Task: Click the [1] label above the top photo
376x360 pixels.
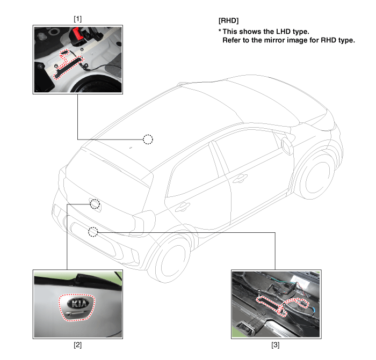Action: pyautogui.click(x=77, y=19)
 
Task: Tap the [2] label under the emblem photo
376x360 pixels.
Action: pyautogui.click(x=77, y=345)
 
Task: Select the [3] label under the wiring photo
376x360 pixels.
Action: pyautogui.click(x=275, y=345)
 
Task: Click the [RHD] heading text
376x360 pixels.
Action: pyautogui.click(x=228, y=20)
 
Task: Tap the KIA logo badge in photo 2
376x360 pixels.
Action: pyautogui.click(x=78, y=304)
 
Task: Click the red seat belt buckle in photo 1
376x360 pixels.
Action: pyautogui.click(x=77, y=33)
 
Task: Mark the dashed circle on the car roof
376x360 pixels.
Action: pyautogui.click(x=148, y=139)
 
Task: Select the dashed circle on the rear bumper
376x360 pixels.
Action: pyautogui.click(x=93, y=232)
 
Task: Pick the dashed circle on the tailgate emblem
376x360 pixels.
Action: pyautogui.click(x=95, y=204)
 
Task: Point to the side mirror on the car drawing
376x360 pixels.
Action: pyautogui.click(x=287, y=146)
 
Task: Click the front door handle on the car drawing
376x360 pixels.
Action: pyautogui.click(x=240, y=179)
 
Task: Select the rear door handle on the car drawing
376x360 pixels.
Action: pyautogui.click(x=183, y=207)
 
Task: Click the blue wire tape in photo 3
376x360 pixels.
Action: pyautogui.click(x=314, y=311)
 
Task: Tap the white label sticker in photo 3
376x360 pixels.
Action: pyautogui.click(x=300, y=281)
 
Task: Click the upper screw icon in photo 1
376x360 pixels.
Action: pyautogui.click(x=82, y=49)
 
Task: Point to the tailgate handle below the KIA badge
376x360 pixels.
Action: pyautogui.click(x=77, y=313)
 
